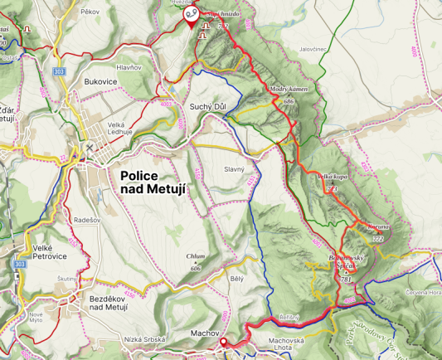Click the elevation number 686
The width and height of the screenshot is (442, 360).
tap(289, 100)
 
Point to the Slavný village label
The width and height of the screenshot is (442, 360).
tap(234, 169)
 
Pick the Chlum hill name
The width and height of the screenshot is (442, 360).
tap(196, 257)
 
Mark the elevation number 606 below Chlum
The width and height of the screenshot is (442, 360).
tap(196, 269)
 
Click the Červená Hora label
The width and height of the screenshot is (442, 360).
tap(421, 292)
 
